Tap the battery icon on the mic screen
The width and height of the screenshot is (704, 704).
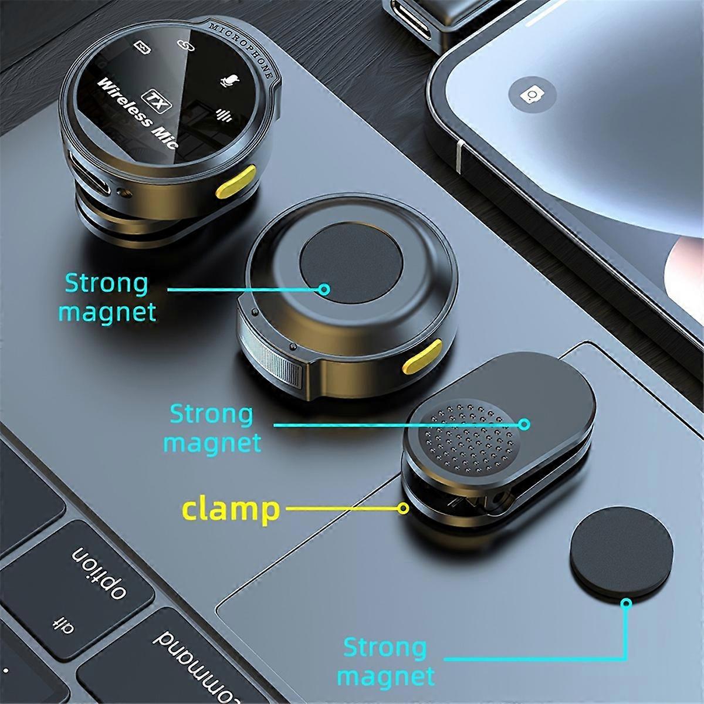pyautogui.click(x=143, y=48)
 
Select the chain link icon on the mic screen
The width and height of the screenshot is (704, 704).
pyautogui.click(x=186, y=45)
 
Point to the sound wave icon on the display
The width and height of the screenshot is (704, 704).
pyautogui.click(x=224, y=116)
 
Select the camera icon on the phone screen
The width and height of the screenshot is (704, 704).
pyautogui.click(x=532, y=96)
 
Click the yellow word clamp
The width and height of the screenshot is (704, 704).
pyautogui.click(x=231, y=509)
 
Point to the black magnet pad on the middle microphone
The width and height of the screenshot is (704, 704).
pyautogui.click(x=351, y=263)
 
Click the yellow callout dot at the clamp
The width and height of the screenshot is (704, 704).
pyautogui.click(x=403, y=508)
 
